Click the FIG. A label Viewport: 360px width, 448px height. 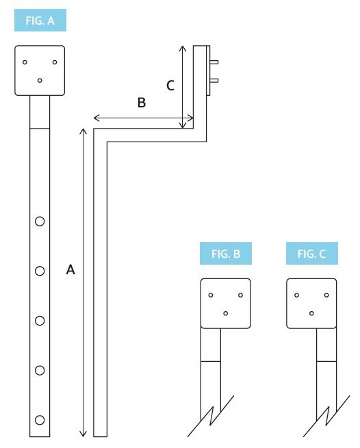tap(40, 21)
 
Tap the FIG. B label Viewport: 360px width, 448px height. tap(225, 254)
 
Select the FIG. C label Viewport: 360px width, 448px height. tap(311, 254)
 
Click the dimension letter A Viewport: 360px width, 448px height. tap(70, 270)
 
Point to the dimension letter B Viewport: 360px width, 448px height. tap(141, 103)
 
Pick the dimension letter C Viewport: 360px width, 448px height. tap(170, 85)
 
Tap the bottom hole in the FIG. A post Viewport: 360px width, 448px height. tap(40, 419)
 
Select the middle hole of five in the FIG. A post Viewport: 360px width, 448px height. tap(40, 320)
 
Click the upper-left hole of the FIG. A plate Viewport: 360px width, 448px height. tap(25, 62)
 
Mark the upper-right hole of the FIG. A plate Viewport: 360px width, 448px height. tap(55, 62)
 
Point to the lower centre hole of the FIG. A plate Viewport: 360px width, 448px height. tap(40, 80)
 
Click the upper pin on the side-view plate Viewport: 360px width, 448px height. tap(215, 62)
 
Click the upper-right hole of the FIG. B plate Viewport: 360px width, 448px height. tap(241, 295)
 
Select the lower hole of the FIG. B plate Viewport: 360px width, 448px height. tap(226, 313)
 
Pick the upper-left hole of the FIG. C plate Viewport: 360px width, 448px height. tap(296, 295)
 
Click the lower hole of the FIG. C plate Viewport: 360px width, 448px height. tap(311, 313)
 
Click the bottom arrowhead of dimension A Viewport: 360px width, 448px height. tap(83, 433)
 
